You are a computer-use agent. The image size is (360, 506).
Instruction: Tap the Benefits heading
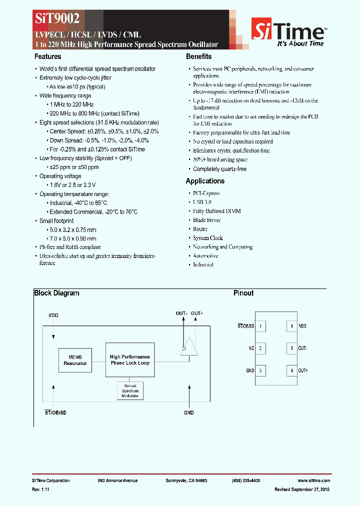pos(198,56)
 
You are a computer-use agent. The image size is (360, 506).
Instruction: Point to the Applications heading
pos(205,181)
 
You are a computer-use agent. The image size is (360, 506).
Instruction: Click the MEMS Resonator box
pos(75,360)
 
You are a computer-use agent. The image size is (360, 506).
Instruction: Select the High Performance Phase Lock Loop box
pos(130,360)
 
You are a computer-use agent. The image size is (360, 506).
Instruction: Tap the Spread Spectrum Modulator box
pos(130,390)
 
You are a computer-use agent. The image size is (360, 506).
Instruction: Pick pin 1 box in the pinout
pos(260,326)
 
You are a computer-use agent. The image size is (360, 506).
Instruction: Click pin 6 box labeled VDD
pos(291,326)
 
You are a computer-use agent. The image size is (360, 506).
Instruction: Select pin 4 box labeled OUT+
pos(291,370)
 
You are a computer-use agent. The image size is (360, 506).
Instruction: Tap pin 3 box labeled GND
pos(260,370)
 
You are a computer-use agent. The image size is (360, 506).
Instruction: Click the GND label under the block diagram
pos(188,412)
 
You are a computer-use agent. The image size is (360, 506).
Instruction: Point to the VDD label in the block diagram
pos(53,315)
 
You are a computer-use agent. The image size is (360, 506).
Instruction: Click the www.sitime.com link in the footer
pos(318,480)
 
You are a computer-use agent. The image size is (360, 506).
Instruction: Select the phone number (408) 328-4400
pos(245,480)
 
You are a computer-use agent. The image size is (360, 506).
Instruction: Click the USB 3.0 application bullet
pos(202,202)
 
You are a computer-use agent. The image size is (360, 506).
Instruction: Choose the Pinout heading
pos(243,293)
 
